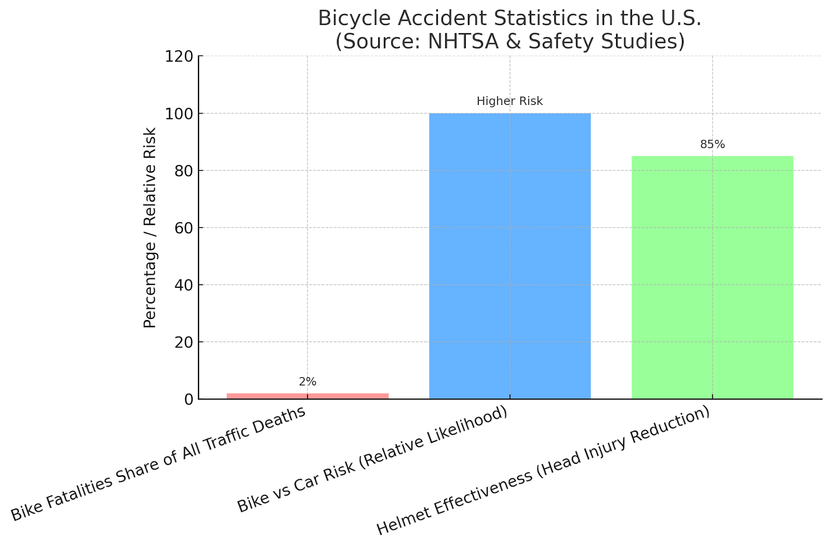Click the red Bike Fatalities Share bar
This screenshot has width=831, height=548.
(x=307, y=396)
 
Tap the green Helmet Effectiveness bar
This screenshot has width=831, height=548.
(x=712, y=277)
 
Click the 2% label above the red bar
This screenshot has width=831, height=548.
(x=307, y=382)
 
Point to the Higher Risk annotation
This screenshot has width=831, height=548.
(x=510, y=101)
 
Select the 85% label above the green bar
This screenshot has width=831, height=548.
(x=712, y=144)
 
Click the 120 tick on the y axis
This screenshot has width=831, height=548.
(x=179, y=56)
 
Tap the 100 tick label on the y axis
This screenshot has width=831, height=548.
(x=179, y=113)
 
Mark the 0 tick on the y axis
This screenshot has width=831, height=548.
(x=189, y=399)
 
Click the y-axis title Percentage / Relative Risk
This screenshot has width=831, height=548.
(x=150, y=228)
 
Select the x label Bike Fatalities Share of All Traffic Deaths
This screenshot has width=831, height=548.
(x=158, y=463)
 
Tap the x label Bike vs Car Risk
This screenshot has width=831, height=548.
(x=372, y=459)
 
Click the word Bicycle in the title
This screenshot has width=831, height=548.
(x=351, y=19)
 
